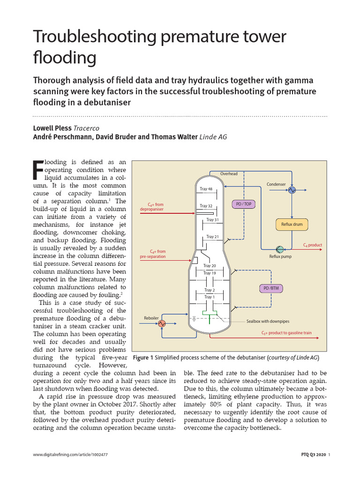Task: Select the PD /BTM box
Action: coord(271,288)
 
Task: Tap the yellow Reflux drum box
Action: coord(292,225)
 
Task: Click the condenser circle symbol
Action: coord(292,190)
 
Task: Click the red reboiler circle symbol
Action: coord(162,323)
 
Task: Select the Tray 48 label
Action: coord(206,189)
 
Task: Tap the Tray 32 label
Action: coord(206,206)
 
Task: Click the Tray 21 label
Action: coord(212,237)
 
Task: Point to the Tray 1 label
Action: coord(209,297)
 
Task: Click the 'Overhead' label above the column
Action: coord(229,174)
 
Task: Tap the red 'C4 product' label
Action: coord(312,245)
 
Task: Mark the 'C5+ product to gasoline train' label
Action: coord(286,333)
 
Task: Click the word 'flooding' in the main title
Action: coord(65,58)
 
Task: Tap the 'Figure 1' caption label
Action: coord(143,358)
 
